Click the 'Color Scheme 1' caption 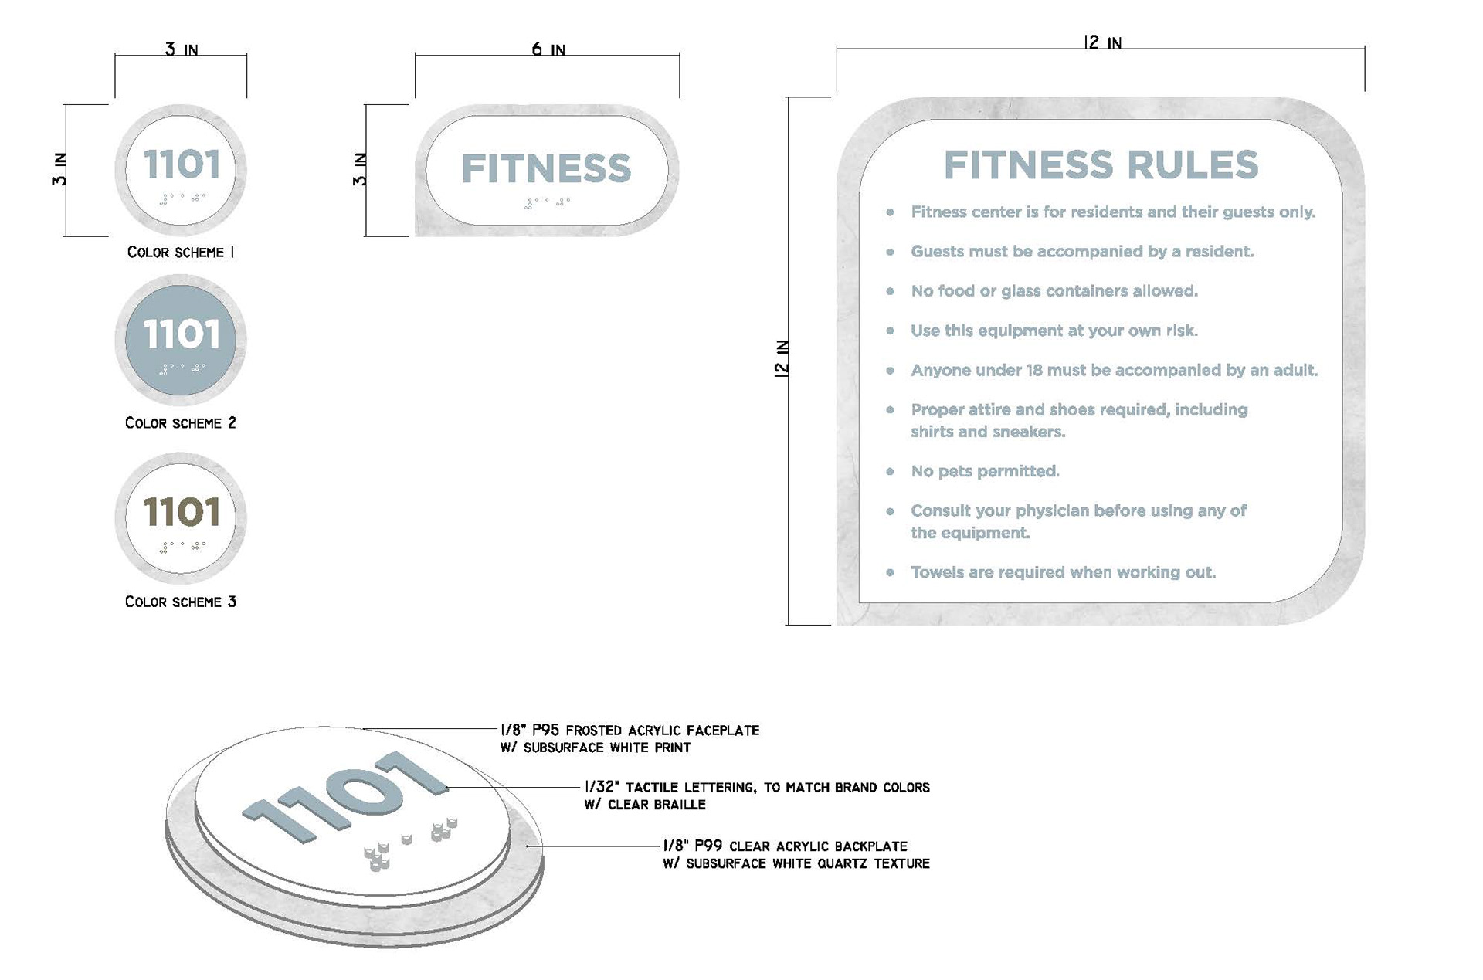click(x=181, y=253)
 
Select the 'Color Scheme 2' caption click(x=181, y=423)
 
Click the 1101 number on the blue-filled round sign click(x=182, y=334)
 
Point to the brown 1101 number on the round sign click(x=182, y=512)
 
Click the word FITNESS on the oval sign click(x=546, y=168)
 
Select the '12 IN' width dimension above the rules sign click(x=1102, y=42)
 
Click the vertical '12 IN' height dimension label click(x=782, y=358)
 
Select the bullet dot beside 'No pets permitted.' click(x=891, y=471)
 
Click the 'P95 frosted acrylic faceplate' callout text click(x=630, y=731)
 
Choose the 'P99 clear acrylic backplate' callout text click(x=785, y=846)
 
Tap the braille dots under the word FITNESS click(x=547, y=203)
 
